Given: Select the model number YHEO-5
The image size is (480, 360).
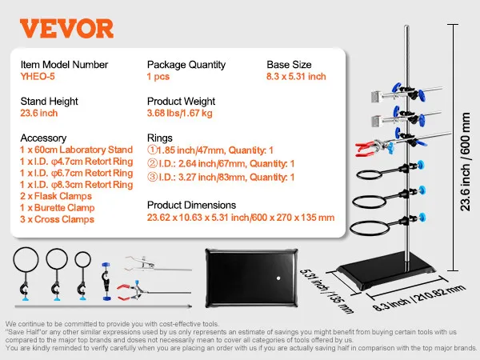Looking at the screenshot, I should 38,78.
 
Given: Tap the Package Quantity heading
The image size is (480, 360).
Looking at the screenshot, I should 186,65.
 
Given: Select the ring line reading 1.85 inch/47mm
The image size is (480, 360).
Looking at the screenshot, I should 210,150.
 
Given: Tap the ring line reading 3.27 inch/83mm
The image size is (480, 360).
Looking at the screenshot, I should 221,177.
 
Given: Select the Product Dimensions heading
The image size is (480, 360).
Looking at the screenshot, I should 191,205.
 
